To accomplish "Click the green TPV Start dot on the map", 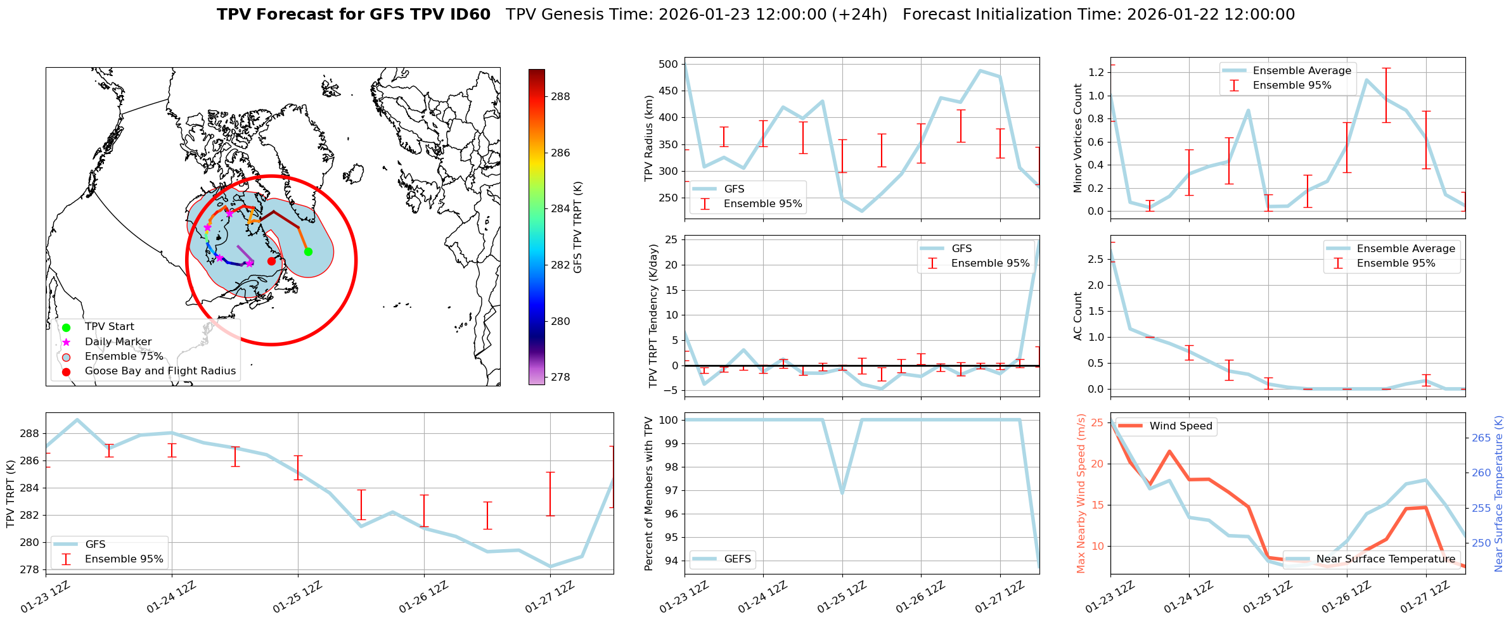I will pyautogui.click(x=308, y=251).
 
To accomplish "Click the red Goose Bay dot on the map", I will pyautogui.click(x=271, y=261).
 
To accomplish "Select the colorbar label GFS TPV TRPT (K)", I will pyautogui.click(x=577, y=227).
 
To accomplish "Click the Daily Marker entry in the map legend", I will pyautogui.click(x=118, y=342).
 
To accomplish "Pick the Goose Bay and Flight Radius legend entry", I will pyautogui.click(x=160, y=371).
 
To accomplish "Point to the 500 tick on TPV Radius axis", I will pyautogui.click(x=669, y=64).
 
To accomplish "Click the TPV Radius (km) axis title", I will pyautogui.click(x=648, y=139).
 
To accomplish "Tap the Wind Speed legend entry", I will pyautogui.click(x=1180, y=426).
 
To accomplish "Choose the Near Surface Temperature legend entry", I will pyautogui.click(x=1386, y=559).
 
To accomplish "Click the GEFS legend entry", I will pyautogui.click(x=737, y=559).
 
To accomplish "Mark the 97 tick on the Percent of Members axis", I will pyautogui.click(x=671, y=490).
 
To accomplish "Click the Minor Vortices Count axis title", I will pyautogui.click(x=1077, y=138).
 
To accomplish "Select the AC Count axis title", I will pyautogui.click(x=1077, y=316).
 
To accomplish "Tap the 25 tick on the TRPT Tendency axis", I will pyautogui.click(x=671, y=239).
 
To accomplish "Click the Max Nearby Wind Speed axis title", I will pyautogui.click(x=1081, y=493).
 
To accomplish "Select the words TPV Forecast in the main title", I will pyautogui.click(x=290, y=15).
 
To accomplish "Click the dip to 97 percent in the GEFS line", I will pyautogui.click(x=842, y=492).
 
